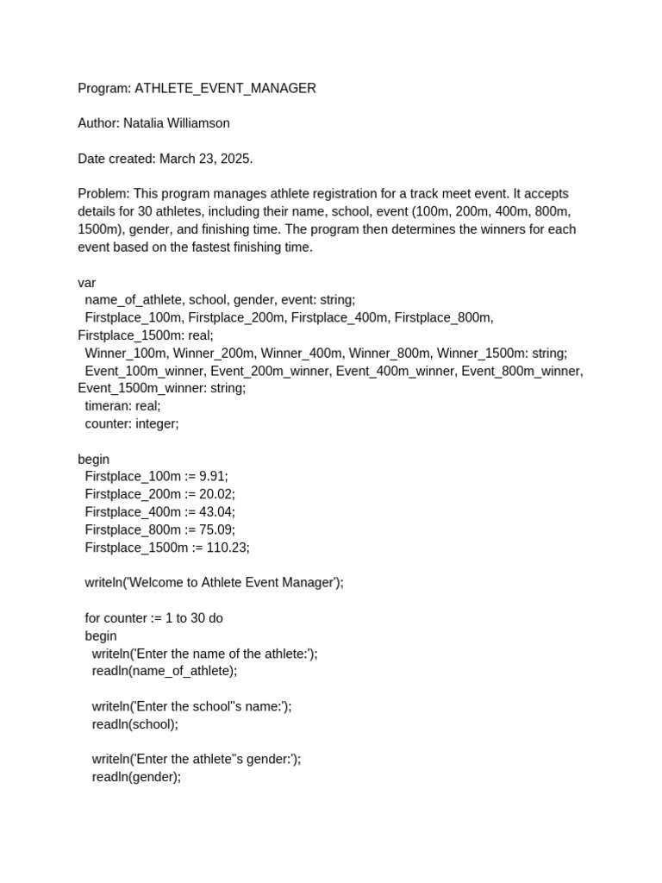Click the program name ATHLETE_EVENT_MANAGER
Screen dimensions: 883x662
225,88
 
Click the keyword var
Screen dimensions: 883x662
87,283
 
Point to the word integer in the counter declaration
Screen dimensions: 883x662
157,423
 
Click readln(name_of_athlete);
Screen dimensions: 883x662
164,671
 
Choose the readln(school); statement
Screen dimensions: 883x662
134,724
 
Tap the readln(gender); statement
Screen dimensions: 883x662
136,777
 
